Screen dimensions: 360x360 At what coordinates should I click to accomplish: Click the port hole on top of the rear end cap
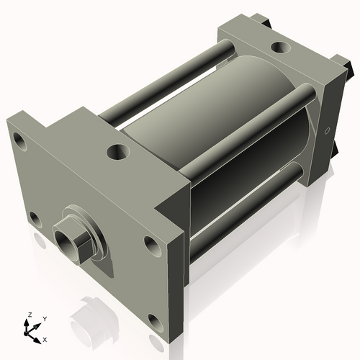pos(279,49)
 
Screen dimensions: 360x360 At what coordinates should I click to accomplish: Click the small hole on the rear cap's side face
pos(328,132)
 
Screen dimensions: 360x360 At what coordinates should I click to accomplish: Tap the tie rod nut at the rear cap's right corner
pos(351,68)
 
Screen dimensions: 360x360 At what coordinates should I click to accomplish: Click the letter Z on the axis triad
pos(28,315)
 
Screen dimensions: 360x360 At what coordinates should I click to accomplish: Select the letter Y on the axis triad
pos(45,318)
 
